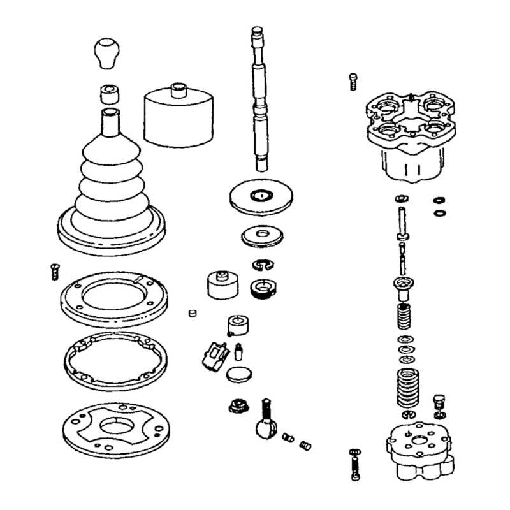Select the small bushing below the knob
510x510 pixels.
click(110, 94)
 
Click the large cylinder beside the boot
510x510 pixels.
click(178, 118)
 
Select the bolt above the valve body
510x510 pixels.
click(353, 82)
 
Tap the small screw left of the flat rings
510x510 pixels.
click(54, 271)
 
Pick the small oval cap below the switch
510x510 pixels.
click(239, 374)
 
